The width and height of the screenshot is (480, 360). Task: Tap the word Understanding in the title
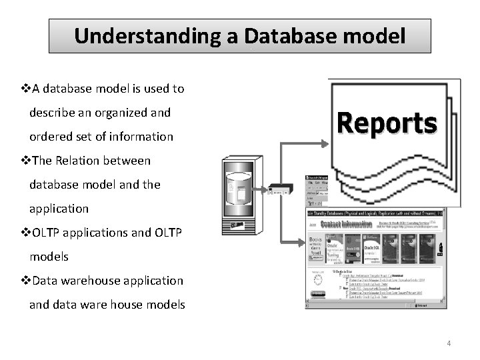click(x=149, y=36)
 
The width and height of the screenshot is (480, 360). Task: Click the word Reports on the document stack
click(x=387, y=123)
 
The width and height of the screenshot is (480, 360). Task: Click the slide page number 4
click(x=449, y=344)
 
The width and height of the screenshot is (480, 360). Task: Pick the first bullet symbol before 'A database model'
click(x=27, y=89)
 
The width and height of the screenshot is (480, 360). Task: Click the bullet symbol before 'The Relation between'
click(x=27, y=161)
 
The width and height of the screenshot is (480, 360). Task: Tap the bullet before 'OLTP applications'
click(x=27, y=233)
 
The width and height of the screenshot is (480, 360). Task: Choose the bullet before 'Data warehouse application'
click(x=27, y=281)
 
